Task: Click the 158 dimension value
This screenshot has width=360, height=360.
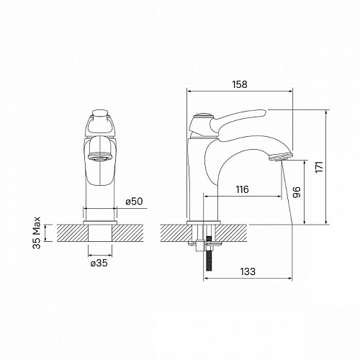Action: point(240,84)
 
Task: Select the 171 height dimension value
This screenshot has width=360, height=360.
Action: point(319,167)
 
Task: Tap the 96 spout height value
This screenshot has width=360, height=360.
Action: point(297,192)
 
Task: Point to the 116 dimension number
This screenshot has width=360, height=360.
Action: point(242,189)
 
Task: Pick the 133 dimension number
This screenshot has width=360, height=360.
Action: point(248,271)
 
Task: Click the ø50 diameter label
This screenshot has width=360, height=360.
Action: point(134,202)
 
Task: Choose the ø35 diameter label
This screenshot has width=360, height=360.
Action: point(99,264)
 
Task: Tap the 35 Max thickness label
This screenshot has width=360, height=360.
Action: point(37,233)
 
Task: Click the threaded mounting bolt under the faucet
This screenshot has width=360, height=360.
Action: point(208,253)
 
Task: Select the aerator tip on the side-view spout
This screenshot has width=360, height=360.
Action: point(281,156)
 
